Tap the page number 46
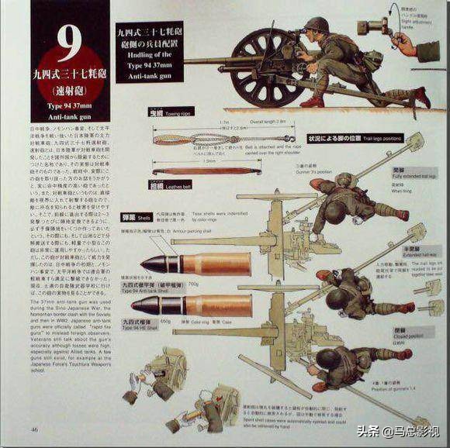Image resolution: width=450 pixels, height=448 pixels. coord(36,430)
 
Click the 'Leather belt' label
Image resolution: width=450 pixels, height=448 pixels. coord(176,185)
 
